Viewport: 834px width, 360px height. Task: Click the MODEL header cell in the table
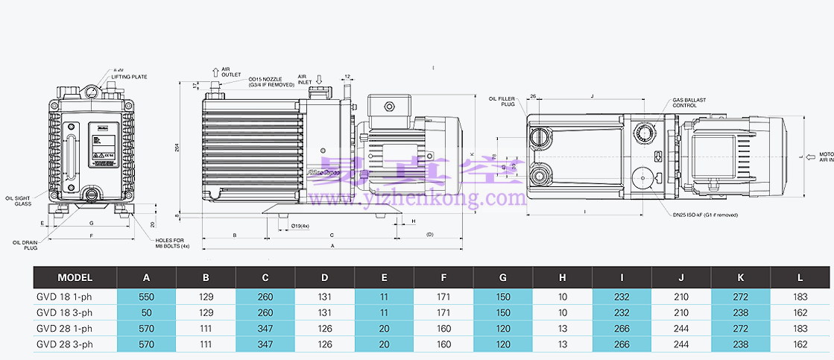[x=75, y=278]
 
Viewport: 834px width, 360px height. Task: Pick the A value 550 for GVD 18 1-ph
[x=147, y=296]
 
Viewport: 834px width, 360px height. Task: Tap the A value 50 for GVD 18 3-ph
[x=147, y=312]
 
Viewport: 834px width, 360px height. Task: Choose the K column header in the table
[x=741, y=278]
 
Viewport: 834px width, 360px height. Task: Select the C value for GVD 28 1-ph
[x=265, y=329]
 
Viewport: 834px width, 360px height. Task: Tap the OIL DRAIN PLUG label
[x=25, y=244]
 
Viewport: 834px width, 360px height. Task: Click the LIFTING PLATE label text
[x=130, y=76]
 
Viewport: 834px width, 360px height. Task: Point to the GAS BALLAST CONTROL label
[x=689, y=102]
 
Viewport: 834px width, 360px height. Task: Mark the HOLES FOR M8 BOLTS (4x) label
[x=173, y=242]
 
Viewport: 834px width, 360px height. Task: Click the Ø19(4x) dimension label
[x=300, y=225]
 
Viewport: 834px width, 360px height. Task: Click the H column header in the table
[x=563, y=278]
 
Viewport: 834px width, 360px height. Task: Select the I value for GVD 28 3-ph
[x=622, y=344]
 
